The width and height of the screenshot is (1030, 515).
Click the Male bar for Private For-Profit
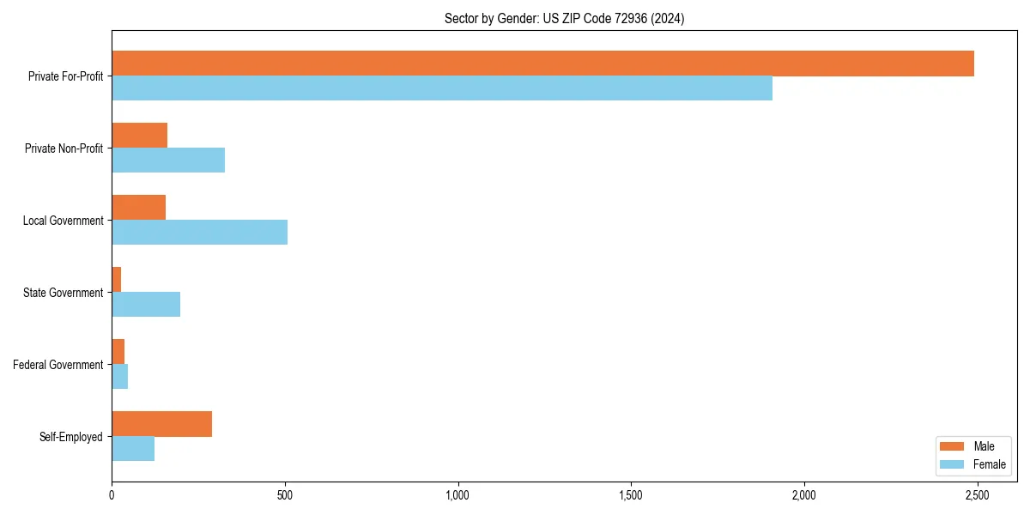(x=542, y=64)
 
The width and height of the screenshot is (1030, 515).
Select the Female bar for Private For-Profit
(x=442, y=88)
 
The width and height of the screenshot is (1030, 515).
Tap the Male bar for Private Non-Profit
(x=139, y=136)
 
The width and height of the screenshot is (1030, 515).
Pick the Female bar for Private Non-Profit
(x=168, y=161)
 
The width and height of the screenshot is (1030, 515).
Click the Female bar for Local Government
(x=199, y=233)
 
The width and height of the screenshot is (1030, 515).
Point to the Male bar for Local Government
(x=138, y=208)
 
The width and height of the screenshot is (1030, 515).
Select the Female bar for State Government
(x=146, y=305)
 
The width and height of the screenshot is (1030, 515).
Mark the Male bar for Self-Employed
(x=161, y=424)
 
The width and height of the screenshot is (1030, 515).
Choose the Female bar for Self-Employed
(x=133, y=449)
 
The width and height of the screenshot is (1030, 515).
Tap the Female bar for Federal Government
(x=119, y=377)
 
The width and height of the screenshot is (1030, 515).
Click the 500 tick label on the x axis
(x=285, y=496)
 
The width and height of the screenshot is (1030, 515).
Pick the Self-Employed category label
(x=70, y=437)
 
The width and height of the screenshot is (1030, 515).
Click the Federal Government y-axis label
(x=58, y=365)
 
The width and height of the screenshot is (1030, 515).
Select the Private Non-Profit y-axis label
(x=64, y=148)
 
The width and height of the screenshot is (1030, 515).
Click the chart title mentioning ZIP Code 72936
(x=564, y=18)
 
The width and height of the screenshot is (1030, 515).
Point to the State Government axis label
(x=63, y=293)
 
